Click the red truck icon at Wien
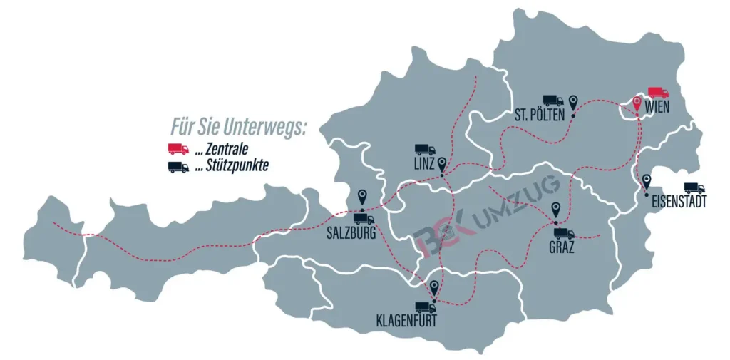click(658, 93)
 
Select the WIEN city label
click(659, 108)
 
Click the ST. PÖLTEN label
click(539, 115)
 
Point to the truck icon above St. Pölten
click(552, 101)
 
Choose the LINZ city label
click(423, 165)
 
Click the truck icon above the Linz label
click(425, 150)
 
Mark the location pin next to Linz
click(443, 165)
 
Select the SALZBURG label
click(351, 232)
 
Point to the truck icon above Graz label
click(564, 233)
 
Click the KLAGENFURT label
click(406, 322)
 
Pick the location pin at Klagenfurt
click(434, 289)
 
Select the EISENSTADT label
click(679, 202)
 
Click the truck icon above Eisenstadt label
click(694, 188)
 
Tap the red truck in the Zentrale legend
click(178, 149)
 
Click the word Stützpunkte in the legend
click(232, 167)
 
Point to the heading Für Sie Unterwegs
click(238, 128)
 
